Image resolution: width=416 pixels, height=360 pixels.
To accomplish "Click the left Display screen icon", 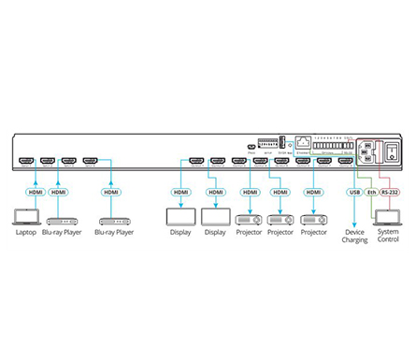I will point(179,216).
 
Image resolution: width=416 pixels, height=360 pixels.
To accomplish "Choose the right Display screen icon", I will point(216,216).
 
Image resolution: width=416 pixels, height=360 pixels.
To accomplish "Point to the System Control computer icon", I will point(386,216).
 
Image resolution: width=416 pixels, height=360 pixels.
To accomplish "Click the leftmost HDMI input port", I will point(28,160).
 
